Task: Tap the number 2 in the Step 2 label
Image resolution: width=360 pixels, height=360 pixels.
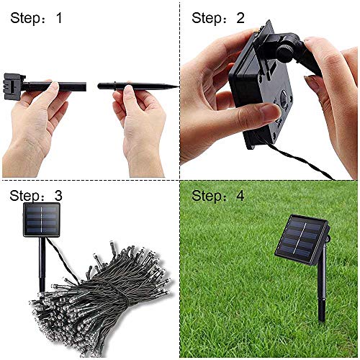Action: pos(240,18)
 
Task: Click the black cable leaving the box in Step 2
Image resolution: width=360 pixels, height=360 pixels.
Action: pos(302,162)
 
